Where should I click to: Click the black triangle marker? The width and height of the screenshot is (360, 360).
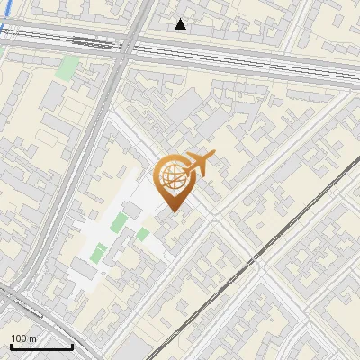click(x=181, y=24)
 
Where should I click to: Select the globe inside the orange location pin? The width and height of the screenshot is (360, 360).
click(x=171, y=178)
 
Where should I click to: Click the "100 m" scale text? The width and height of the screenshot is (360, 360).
click(x=24, y=337)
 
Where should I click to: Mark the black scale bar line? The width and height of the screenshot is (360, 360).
click(x=40, y=346)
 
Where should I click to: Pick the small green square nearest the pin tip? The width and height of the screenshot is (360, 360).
click(x=143, y=234)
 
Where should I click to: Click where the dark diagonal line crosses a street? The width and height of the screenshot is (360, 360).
click(x=253, y=260)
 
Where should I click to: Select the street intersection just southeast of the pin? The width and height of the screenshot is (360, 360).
click(x=215, y=220)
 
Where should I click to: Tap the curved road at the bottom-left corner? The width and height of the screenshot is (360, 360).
click(x=36, y=310)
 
